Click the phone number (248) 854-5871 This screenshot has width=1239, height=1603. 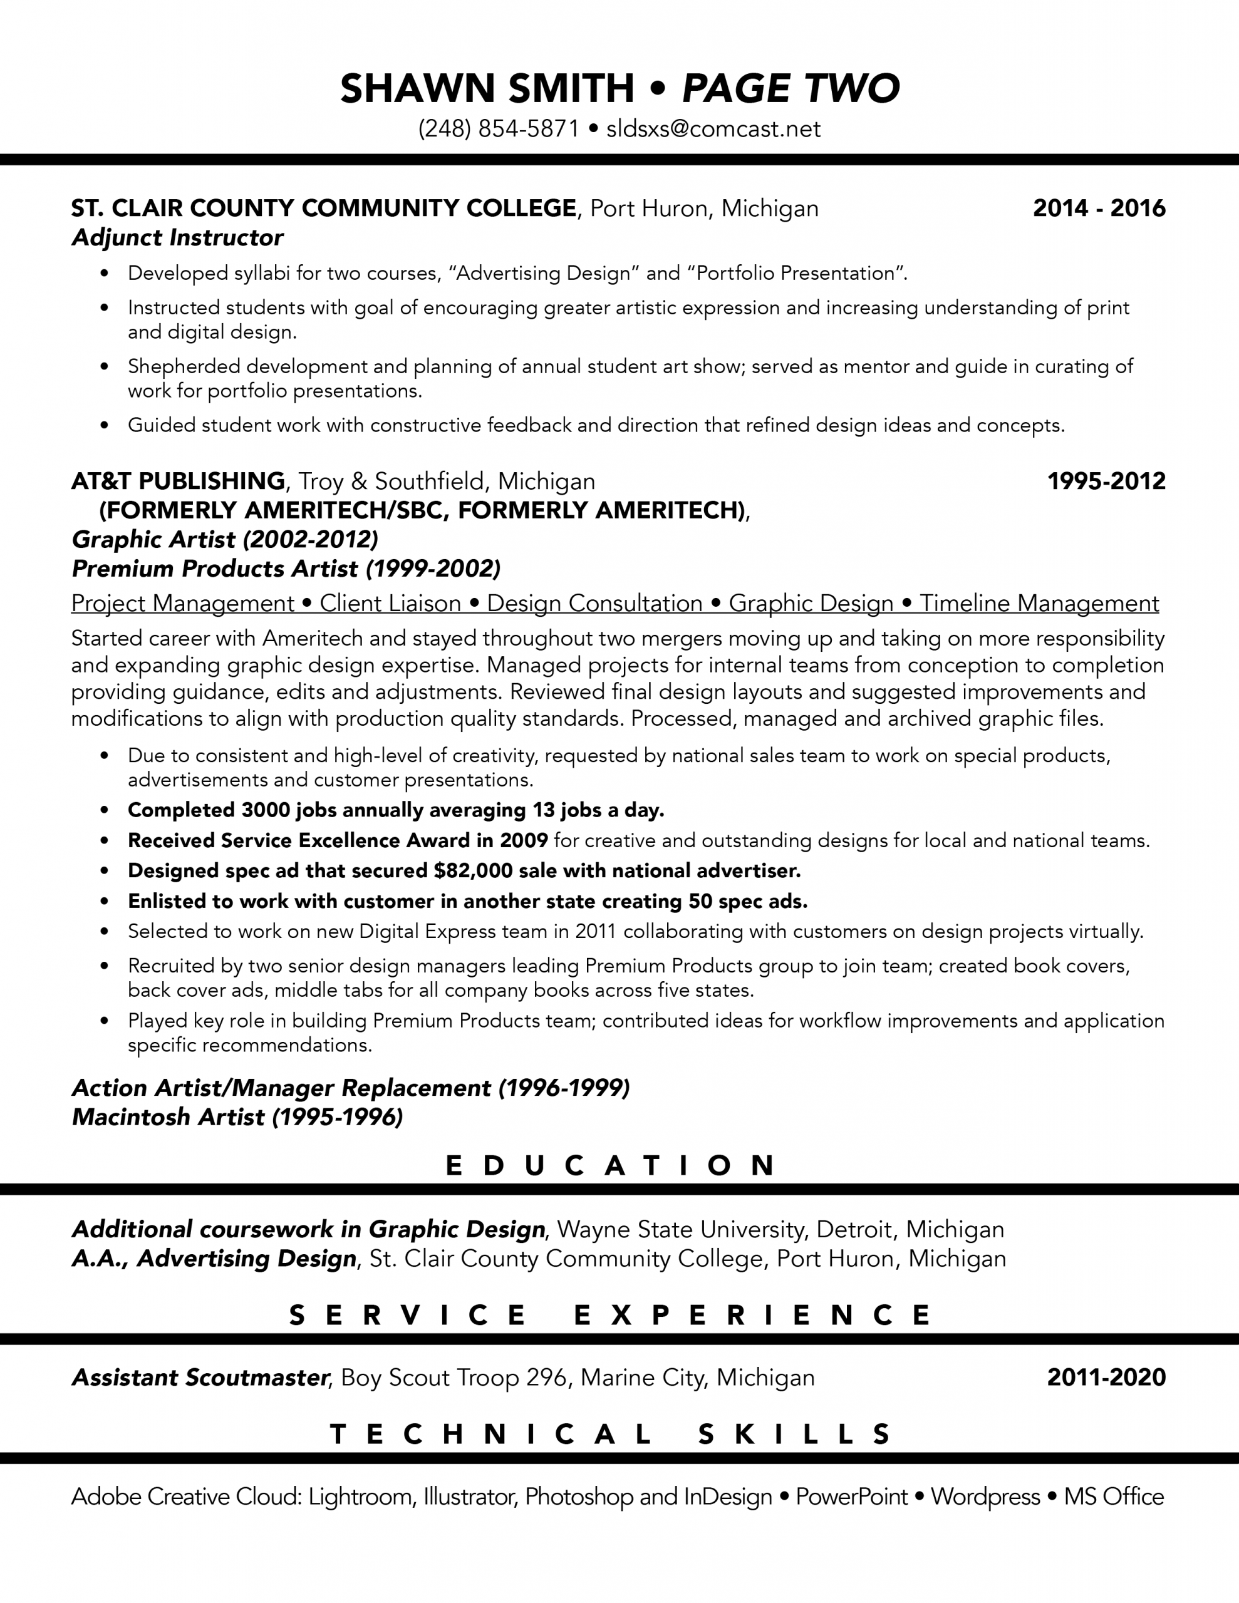click(499, 129)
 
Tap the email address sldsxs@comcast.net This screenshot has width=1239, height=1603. click(713, 129)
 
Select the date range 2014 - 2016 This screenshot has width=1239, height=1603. click(1099, 209)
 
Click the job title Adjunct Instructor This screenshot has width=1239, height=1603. click(177, 238)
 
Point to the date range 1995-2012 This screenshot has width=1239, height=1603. click(1106, 482)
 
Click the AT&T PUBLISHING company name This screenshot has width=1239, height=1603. click(178, 482)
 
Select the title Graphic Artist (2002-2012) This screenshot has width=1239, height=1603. click(225, 540)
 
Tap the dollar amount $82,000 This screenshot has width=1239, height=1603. click(469, 870)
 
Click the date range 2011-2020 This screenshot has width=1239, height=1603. click(1106, 1377)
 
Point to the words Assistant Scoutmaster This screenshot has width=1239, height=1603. click(199, 1378)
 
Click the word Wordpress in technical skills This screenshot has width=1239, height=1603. click(985, 1497)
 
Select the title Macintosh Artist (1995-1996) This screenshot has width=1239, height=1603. click(237, 1117)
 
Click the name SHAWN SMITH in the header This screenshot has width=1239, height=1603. click(487, 88)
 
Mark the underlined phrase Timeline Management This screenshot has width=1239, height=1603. click(1039, 604)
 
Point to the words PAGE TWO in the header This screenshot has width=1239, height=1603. click(791, 88)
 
